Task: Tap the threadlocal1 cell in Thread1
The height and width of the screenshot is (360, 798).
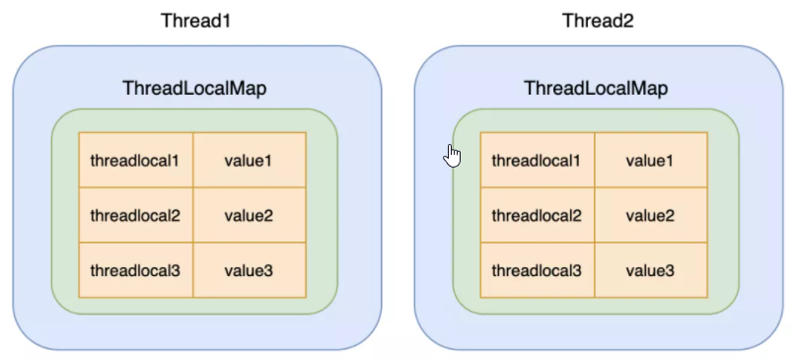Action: click(135, 160)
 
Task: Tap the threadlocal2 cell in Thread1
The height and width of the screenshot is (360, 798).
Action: click(135, 215)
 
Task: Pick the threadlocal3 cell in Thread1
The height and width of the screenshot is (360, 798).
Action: click(135, 269)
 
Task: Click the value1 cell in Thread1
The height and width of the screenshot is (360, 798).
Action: click(249, 160)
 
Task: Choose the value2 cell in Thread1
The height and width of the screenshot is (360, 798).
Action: click(249, 215)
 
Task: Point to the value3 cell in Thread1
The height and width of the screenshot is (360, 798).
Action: click(249, 269)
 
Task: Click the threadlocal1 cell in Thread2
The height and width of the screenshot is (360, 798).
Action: click(537, 160)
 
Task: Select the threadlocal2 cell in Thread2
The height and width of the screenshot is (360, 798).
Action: click(537, 215)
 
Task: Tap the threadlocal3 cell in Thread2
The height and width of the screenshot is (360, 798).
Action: click(537, 269)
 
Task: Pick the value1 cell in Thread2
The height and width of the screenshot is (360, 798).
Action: click(650, 160)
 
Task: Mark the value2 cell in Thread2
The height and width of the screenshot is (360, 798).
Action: click(650, 215)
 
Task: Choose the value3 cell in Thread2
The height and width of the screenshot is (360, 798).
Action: click(650, 269)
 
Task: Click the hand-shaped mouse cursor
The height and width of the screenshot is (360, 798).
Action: click(452, 155)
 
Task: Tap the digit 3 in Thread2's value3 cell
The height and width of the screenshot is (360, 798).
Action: click(670, 269)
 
